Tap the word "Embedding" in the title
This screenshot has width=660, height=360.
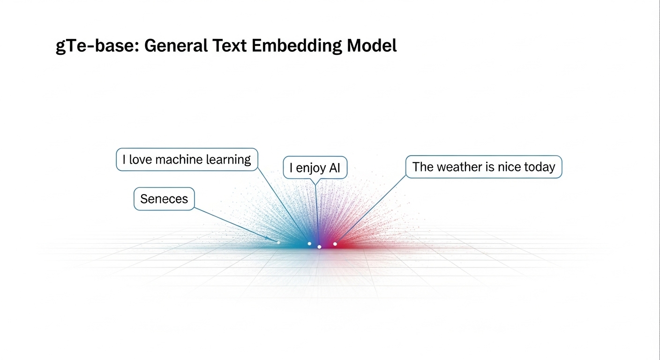tap(296, 46)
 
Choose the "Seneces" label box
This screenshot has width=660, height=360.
tap(164, 199)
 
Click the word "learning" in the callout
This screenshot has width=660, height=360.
tap(229, 160)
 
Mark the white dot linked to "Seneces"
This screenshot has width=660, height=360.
tap(278, 242)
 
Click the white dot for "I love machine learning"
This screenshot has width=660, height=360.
tap(309, 244)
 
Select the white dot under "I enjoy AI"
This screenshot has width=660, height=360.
tap(319, 247)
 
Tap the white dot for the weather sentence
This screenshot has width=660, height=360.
tap(335, 244)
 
